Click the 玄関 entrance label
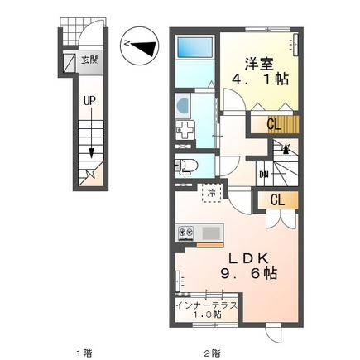(x=89, y=60)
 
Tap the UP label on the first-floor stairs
(x=89, y=101)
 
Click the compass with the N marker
(x=139, y=46)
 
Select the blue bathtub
(x=194, y=46)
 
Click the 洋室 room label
(x=259, y=65)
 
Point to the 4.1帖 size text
(x=260, y=79)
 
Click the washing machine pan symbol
(x=185, y=131)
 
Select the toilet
(x=186, y=166)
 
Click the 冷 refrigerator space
(x=212, y=193)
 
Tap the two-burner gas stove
(x=186, y=233)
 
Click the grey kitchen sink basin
(x=212, y=233)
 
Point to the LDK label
(x=249, y=259)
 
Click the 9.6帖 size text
(x=248, y=274)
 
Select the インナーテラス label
(x=207, y=305)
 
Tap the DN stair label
(x=264, y=175)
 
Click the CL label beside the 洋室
(x=274, y=125)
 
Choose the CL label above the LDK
(x=277, y=200)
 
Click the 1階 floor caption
(x=84, y=353)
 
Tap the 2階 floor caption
(x=213, y=353)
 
